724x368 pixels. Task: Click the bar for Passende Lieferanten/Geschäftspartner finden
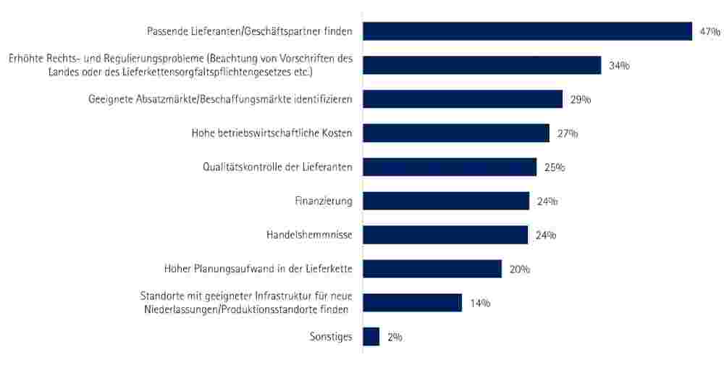click(x=527, y=31)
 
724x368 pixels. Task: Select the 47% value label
click(x=710, y=32)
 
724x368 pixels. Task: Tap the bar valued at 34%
click(x=481, y=65)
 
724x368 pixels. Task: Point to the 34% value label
click(x=619, y=66)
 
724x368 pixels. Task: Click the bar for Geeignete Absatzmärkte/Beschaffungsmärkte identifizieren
click(x=462, y=99)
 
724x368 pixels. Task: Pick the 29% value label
click(x=581, y=100)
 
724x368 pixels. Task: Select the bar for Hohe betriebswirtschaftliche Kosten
click(x=455, y=133)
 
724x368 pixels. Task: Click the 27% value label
click(x=568, y=134)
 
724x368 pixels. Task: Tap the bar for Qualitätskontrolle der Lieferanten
click(x=449, y=167)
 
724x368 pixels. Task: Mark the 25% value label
click(x=555, y=168)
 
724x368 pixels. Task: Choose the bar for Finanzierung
click(x=446, y=201)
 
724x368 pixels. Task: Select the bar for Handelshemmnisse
click(x=445, y=235)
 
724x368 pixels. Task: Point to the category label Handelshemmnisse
click(x=310, y=235)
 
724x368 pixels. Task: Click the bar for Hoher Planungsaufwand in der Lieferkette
click(x=432, y=269)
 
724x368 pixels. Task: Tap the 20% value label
click(x=520, y=269)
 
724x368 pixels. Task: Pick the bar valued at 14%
click(x=412, y=303)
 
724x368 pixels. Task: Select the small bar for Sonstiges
click(x=371, y=337)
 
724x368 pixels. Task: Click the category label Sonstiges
click(x=330, y=337)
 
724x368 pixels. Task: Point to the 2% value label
click(x=395, y=338)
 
